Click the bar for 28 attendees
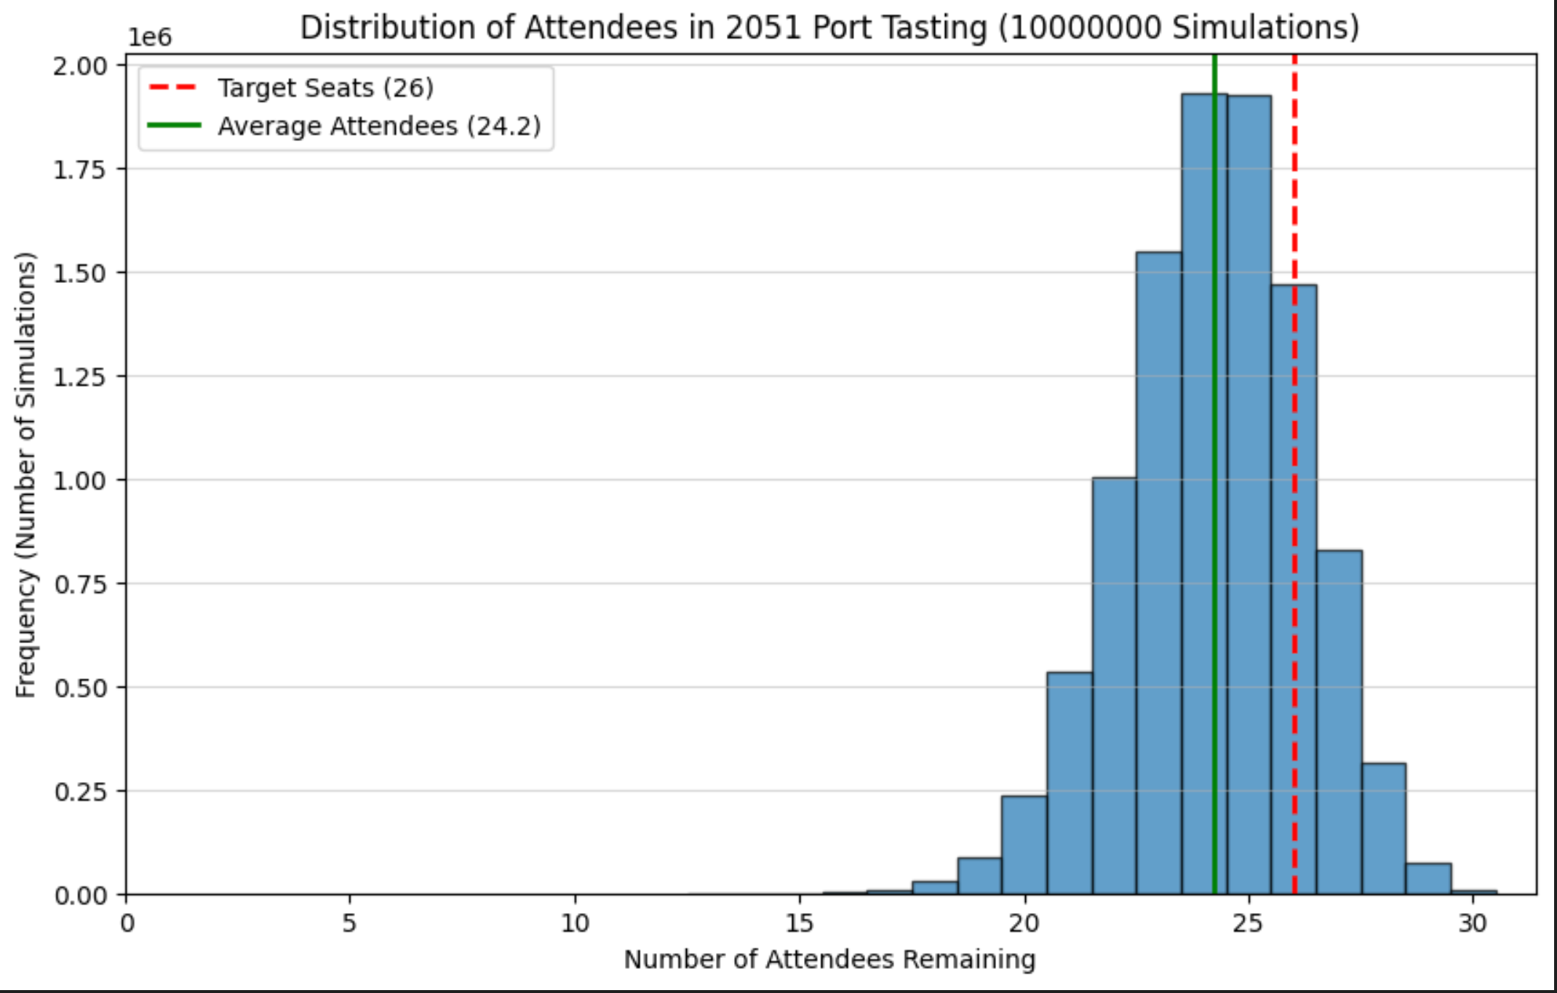[x=1384, y=829]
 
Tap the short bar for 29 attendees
[x=1428, y=879]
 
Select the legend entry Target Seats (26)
[x=325, y=88]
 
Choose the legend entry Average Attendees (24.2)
[x=379, y=127]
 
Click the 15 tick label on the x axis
[x=799, y=923]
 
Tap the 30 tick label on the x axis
[x=1473, y=923]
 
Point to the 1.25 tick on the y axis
[x=79, y=377]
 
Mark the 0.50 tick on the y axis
[x=79, y=687]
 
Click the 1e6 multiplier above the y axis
[x=150, y=37]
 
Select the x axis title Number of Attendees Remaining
[x=829, y=960]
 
